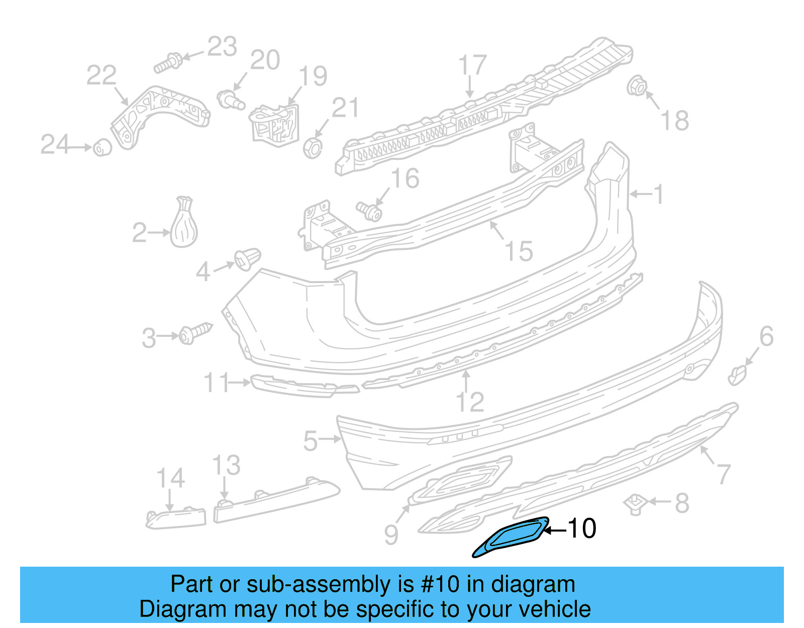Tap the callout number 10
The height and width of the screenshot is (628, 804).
click(582, 528)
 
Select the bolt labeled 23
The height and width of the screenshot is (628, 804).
click(168, 63)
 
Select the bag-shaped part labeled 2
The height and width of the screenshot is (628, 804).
click(183, 226)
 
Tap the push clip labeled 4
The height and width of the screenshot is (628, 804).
click(248, 259)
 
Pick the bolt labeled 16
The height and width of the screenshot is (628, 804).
click(369, 211)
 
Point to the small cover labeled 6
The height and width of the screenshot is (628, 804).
click(737, 375)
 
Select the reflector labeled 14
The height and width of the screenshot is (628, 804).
click(176, 518)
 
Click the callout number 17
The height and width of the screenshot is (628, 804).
click(472, 65)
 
